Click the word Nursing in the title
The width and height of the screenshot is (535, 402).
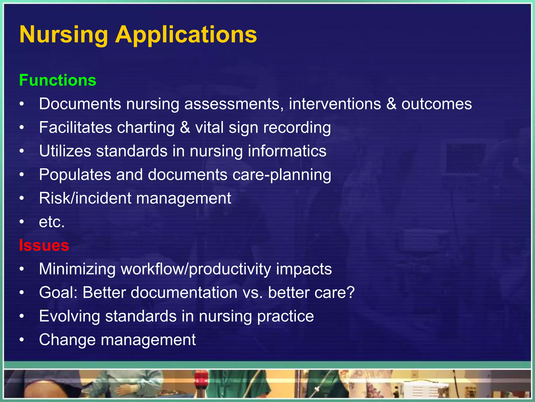click(x=63, y=35)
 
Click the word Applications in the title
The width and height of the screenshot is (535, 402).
click(x=186, y=35)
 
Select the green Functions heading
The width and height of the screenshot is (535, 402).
click(x=58, y=80)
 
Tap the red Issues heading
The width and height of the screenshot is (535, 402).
click(x=44, y=245)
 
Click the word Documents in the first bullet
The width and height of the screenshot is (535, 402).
click(x=80, y=104)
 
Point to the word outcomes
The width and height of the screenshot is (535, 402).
click(x=437, y=104)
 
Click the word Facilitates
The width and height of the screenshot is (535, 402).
click(x=75, y=127)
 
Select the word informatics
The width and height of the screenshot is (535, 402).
click(x=287, y=151)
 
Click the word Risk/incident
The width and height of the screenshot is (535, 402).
click(x=85, y=198)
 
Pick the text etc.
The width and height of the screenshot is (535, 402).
click(x=52, y=222)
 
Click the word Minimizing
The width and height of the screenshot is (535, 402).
click(x=77, y=269)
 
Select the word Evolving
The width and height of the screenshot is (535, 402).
click(x=69, y=316)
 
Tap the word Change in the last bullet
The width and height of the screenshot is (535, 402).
click(x=67, y=340)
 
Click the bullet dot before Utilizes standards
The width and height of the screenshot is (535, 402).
click(x=22, y=151)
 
